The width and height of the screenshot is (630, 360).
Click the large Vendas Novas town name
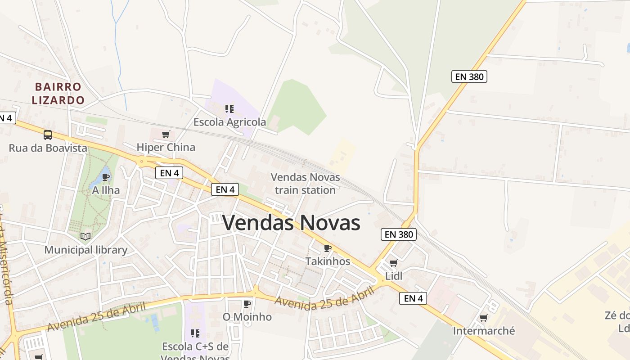pos(291,223)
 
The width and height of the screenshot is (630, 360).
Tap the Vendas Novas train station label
pos(305,184)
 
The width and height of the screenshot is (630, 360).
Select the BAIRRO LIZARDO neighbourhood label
pos(58,93)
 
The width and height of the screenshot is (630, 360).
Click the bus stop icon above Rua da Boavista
pos(48,135)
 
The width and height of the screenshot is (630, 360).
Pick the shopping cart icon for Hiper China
pos(166,134)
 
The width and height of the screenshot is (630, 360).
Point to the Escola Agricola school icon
pos(229,108)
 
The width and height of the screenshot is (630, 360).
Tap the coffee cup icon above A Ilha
pos(106,177)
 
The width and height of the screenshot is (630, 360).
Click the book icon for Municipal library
pos(85,236)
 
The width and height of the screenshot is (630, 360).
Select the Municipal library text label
pos(85,250)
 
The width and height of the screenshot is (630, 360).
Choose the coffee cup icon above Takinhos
pos(328,248)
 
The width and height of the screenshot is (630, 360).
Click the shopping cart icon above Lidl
pos(394,263)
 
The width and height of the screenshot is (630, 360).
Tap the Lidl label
pos(394,276)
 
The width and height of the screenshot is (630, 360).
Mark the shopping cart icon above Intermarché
pos(484,318)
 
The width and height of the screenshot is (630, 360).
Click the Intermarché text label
pos(484,331)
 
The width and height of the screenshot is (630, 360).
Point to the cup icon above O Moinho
pos(247,304)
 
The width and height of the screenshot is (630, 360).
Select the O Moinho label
pos(247,317)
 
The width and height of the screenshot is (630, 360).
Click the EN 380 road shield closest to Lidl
pos(399,234)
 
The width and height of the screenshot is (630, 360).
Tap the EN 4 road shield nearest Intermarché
pos(413,298)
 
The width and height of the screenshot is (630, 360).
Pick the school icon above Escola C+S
pos(195,333)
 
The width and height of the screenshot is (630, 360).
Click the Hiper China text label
pos(166,147)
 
